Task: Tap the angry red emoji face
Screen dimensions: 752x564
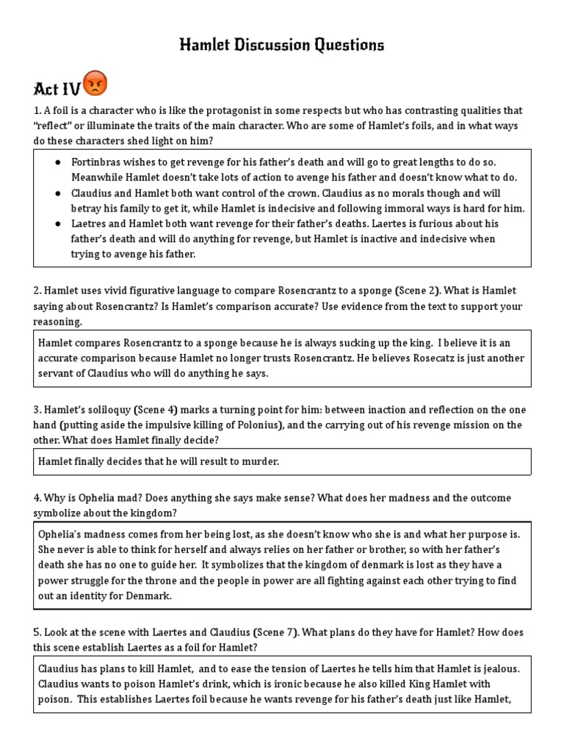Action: (x=95, y=84)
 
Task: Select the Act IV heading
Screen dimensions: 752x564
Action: (x=57, y=88)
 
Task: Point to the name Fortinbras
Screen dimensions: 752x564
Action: (x=98, y=162)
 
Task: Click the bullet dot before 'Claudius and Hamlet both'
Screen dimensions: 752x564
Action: (x=57, y=193)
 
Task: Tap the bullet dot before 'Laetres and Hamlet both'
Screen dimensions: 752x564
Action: (x=57, y=224)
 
